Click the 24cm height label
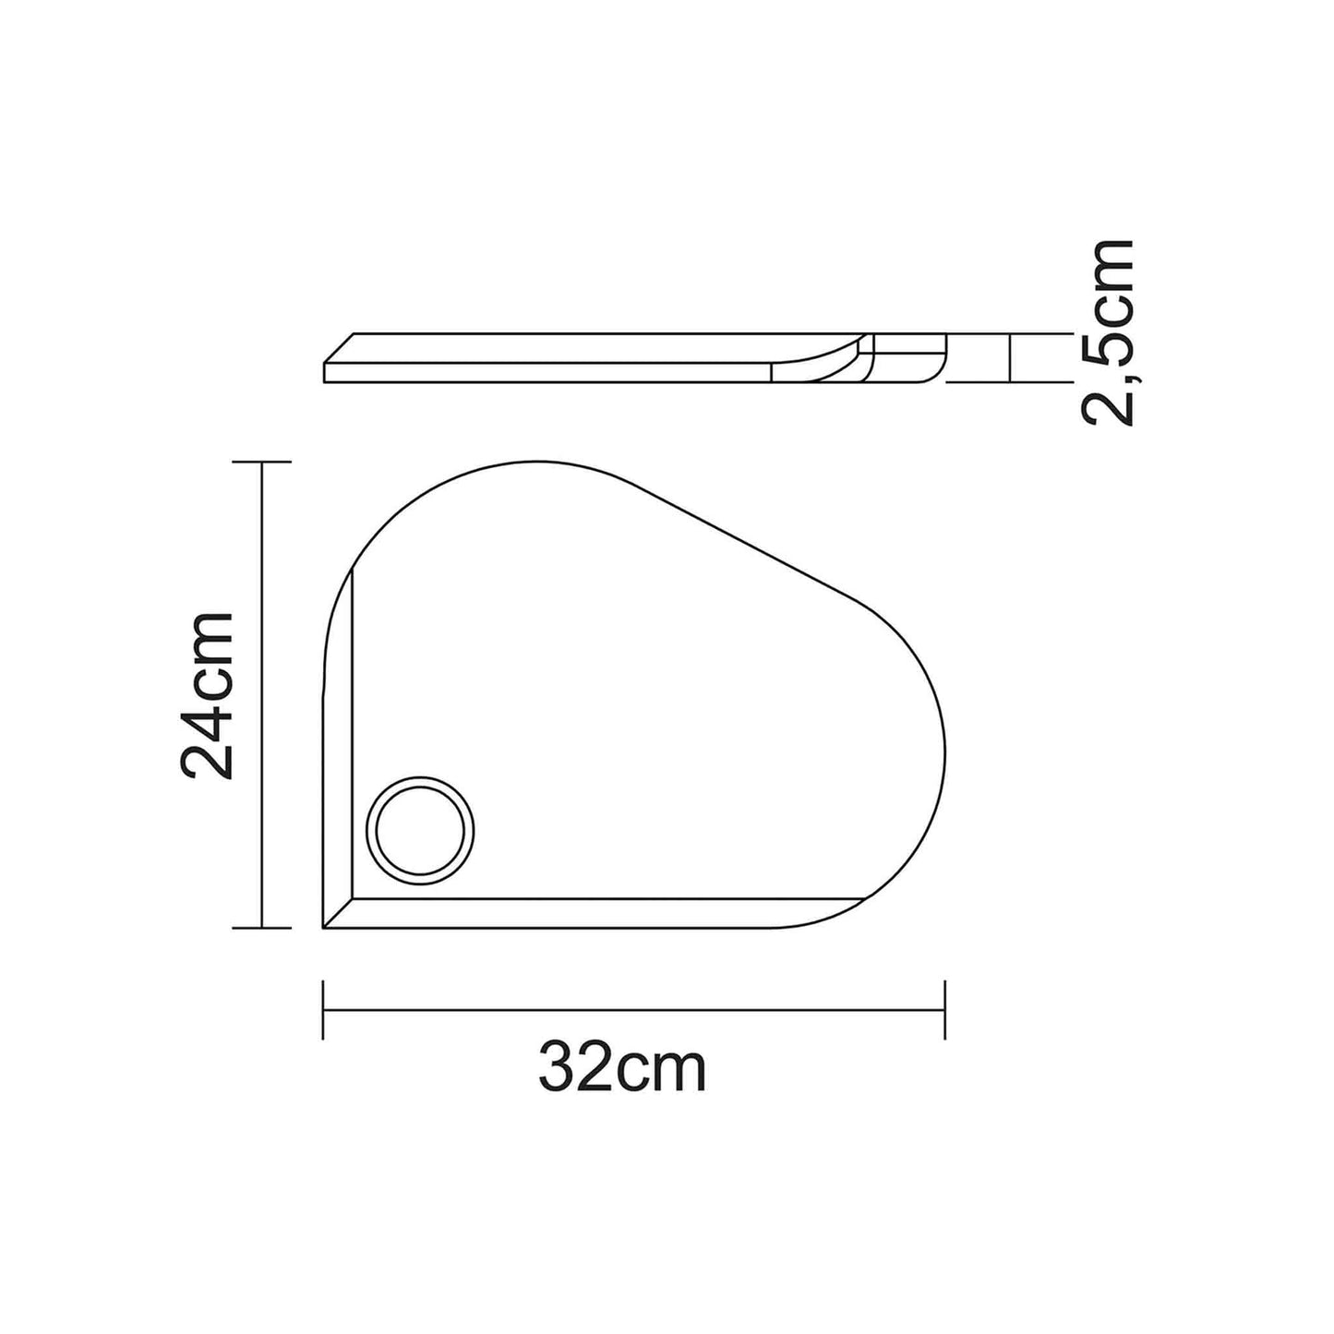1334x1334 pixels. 206,695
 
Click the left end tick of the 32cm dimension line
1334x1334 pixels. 323,1009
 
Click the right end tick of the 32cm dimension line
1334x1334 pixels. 945,1009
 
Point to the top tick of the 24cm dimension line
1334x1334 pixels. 261,461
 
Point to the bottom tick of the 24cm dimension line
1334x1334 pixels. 261,928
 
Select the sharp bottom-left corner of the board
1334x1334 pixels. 323,928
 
